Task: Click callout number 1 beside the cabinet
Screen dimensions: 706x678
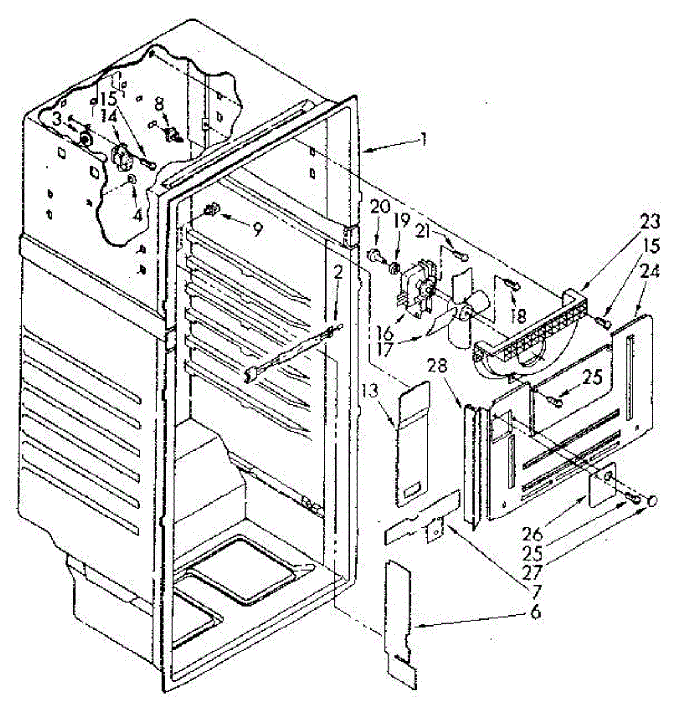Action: click(424, 139)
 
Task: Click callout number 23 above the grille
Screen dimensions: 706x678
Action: click(650, 222)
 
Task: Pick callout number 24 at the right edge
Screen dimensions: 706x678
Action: click(650, 272)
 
